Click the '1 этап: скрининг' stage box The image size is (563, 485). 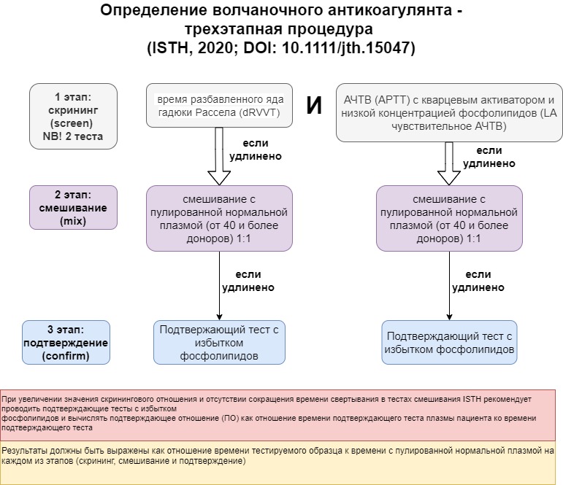pyautogui.click(x=73, y=116)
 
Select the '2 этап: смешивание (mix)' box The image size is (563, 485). pyautogui.click(x=73, y=208)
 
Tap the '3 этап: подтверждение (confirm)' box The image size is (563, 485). pyautogui.click(x=66, y=342)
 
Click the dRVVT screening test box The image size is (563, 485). pyautogui.click(x=219, y=106)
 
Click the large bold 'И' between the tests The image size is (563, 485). pyautogui.click(x=314, y=106)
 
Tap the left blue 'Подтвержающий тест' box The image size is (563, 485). pyautogui.click(x=219, y=342)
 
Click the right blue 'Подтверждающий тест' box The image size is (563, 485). pyautogui.click(x=449, y=342)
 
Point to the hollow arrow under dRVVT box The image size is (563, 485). pyautogui.click(x=219, y=156)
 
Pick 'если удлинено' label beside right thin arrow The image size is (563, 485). pyautogui.click(x=478, y=281)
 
